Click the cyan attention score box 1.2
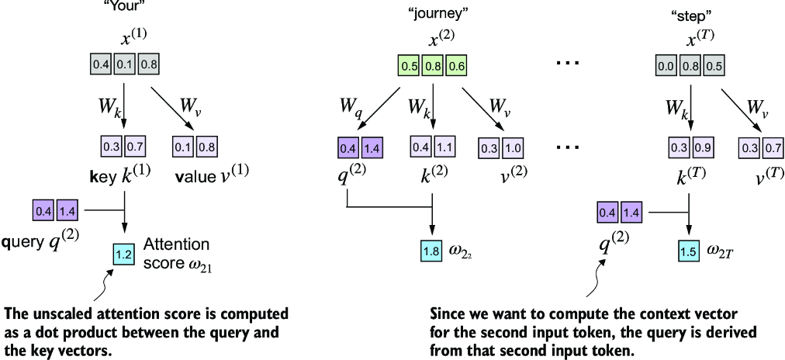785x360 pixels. pos(123,254)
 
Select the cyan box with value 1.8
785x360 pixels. pos(431,250)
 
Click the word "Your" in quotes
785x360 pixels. pos(125,4)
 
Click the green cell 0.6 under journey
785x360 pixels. pos(457,66)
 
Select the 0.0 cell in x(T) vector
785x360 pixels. pos(666,66)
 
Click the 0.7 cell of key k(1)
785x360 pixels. pos(136,146)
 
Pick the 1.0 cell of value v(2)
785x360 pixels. pos(510,146)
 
